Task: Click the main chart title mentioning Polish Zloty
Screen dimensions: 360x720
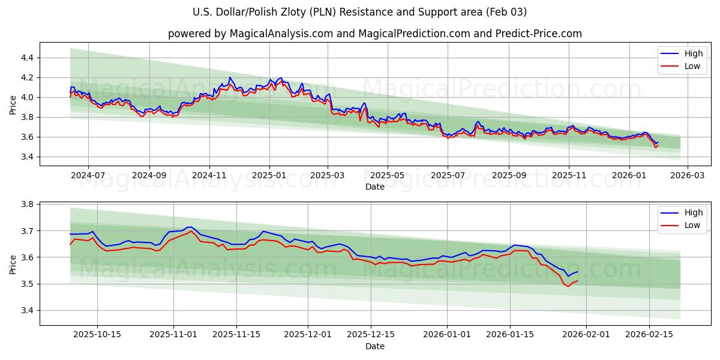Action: click(x=360, y=12)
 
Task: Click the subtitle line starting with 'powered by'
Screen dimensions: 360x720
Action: click(x=374, y=34)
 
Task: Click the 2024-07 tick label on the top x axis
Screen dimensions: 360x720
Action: click(x=88, y=176)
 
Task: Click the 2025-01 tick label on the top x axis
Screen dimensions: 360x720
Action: click(x=269, y=176)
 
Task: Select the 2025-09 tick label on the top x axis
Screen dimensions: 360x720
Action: click(x=509, y=176)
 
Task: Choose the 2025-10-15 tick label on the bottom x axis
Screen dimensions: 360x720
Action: click(x=97, y=335)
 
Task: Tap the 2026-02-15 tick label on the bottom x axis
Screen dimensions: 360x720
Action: click(x=649, y=335)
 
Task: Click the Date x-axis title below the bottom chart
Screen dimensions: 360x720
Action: click(x=374, y=346)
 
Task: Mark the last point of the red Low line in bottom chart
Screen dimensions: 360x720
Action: click(x=577, y=281)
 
